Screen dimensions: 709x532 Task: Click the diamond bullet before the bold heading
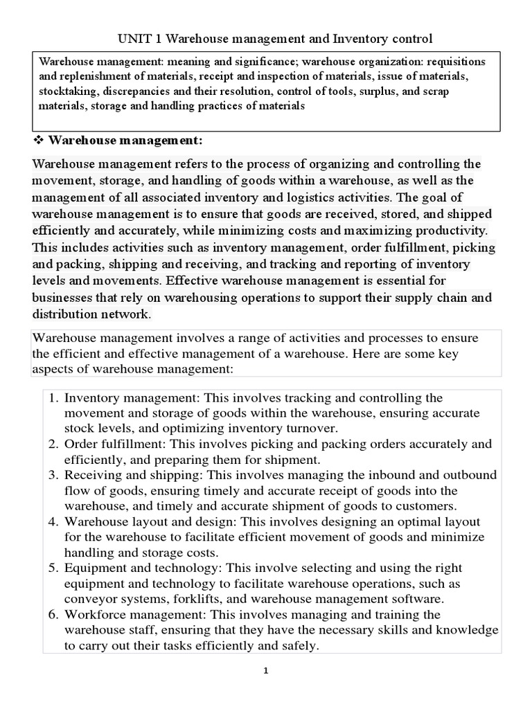(39, 141)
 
